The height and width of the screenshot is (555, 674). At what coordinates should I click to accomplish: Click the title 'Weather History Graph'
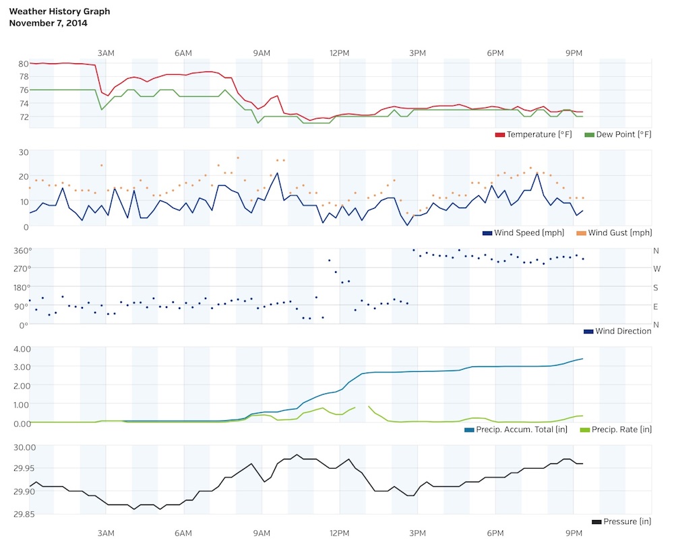(x=59, y=11)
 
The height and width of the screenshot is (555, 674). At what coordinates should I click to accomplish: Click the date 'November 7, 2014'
(x=48, y=23)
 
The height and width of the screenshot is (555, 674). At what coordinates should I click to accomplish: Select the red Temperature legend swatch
(x=500, y=135)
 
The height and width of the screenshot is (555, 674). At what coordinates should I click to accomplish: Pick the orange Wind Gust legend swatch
(x=580, y=233)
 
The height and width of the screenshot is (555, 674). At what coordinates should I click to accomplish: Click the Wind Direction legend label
(x=623, y=331)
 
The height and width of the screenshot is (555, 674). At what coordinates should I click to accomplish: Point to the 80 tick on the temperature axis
(x=23, y=64)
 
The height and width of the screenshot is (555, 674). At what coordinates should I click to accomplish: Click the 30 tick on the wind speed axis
(x=23, y=152)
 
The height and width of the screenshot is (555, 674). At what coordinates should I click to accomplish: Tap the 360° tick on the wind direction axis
(x=20, y=251)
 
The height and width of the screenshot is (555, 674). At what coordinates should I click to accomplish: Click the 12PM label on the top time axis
(x=340, y=53)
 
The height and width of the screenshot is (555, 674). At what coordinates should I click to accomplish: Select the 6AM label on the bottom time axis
(x=183, y=533)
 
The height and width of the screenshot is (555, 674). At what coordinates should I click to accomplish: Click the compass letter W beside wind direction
(x=656, y=269)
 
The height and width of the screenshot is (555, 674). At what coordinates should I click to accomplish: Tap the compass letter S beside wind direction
(x=656, y=288)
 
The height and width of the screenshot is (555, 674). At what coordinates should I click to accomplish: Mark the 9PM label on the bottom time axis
(x=574, y=533)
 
